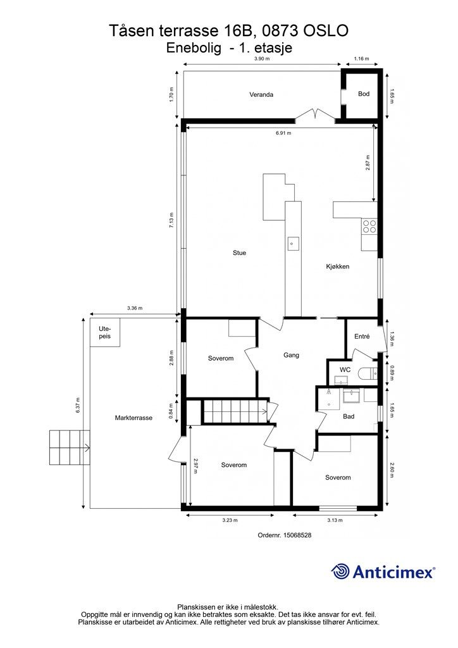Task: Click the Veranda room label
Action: coord(261,95)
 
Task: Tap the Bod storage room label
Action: coord(363,94)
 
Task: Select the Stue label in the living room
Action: coord(239,252)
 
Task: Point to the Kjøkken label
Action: coord(337,266)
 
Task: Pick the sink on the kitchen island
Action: coord(293,244)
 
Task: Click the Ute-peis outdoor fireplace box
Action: coord(105,332)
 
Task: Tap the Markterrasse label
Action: coord(133,418)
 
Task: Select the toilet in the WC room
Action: coord(369,374)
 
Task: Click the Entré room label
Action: coord(362,337)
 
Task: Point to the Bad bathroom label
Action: coord(349,416)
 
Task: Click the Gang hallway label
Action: coord(291,355)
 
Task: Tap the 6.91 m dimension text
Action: coord(283,133)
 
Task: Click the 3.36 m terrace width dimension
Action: coord(135,308)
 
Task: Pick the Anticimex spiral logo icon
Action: coord(340,572)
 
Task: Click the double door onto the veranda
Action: coord(315,115)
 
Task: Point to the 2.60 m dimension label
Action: coord(392,470)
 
